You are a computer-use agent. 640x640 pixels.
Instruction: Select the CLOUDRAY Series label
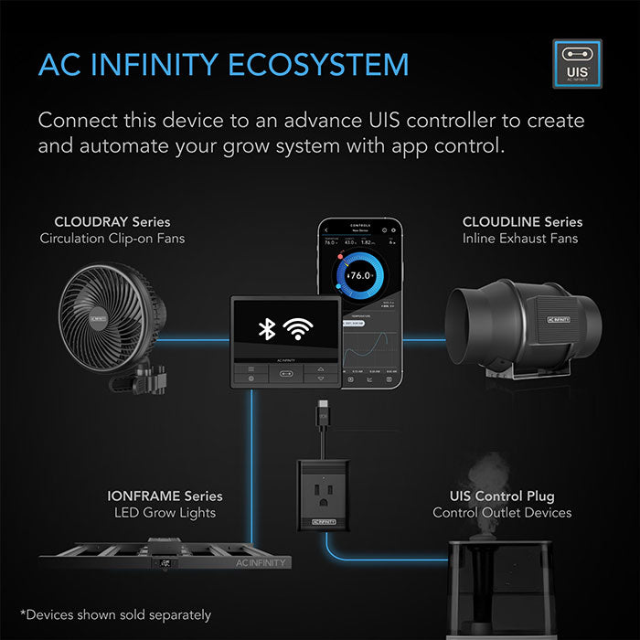tap(112, 221)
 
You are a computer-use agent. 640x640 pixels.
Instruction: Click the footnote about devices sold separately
tap(115, 614)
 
